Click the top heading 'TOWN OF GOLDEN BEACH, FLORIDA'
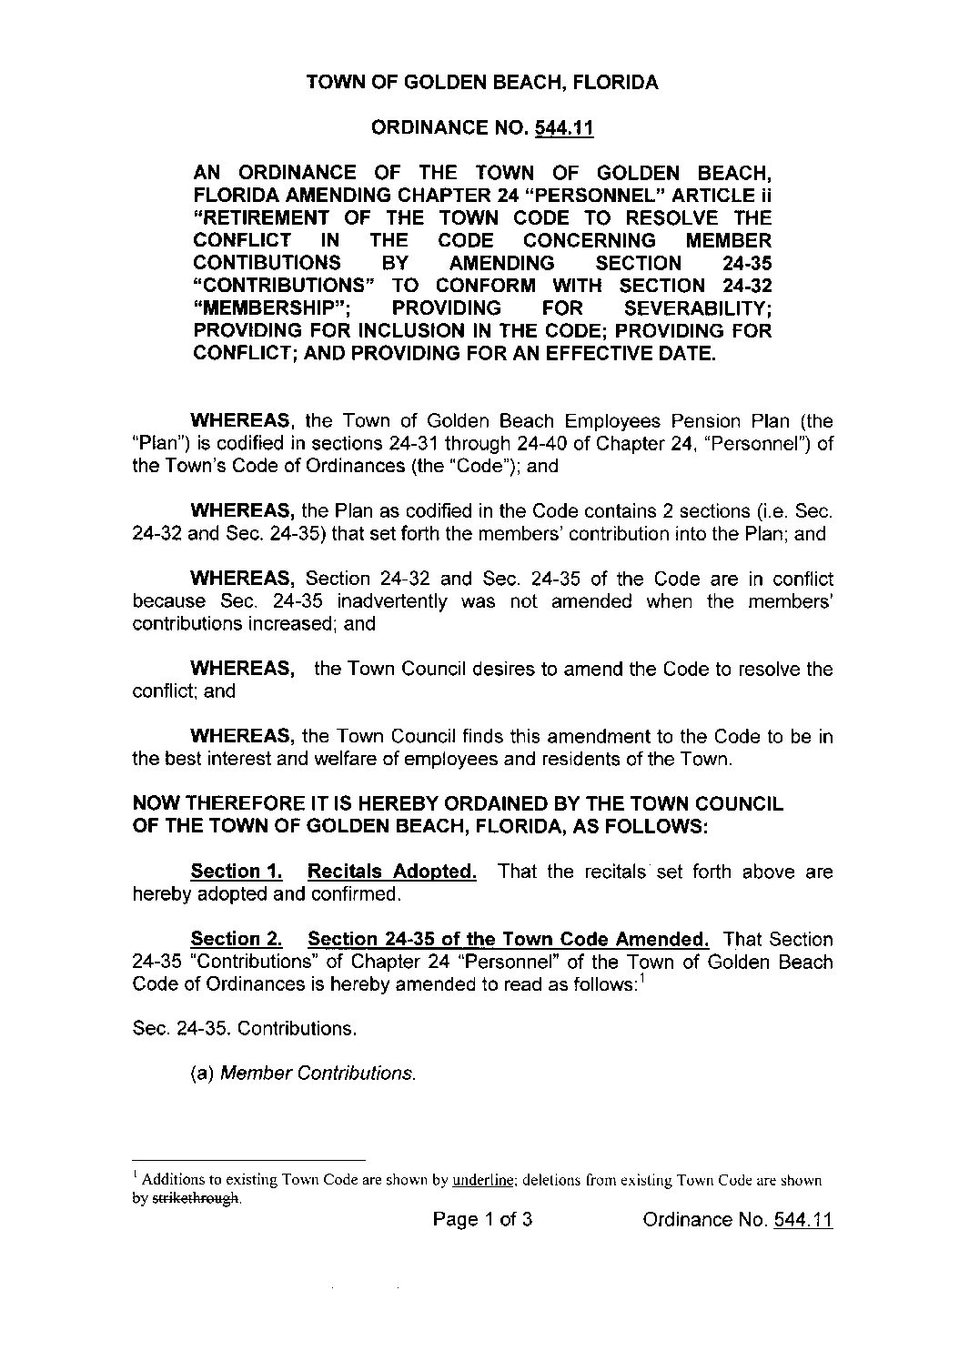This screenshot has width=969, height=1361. (482, 83)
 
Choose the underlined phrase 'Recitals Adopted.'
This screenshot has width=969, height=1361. (392, 872)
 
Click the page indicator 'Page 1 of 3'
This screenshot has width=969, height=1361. (482, 1220)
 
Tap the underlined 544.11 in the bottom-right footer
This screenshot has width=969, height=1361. (802, 1220)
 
